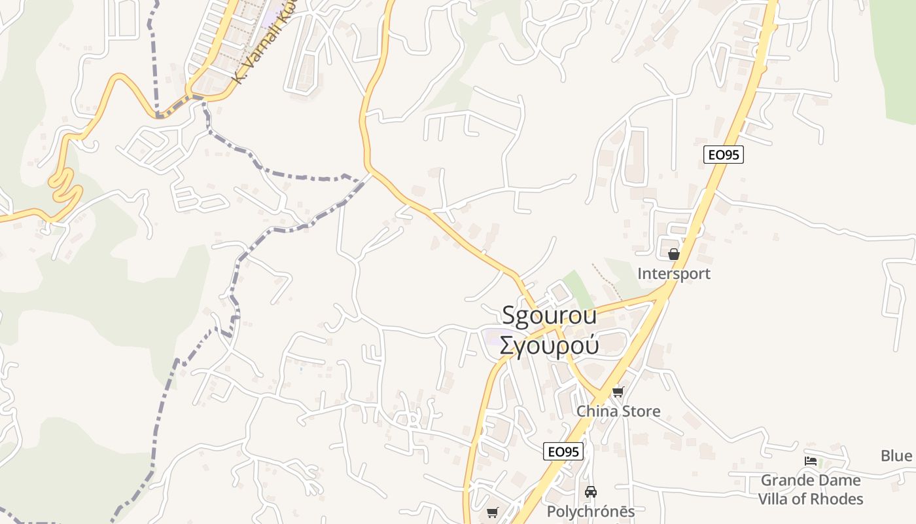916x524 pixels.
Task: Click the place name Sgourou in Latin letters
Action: pyautogui.click(x=549, y=315)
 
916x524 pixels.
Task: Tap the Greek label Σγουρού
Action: pyautogui.click(x=549, y=345)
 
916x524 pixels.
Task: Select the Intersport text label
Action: pyautogui.click(x=674, y=273)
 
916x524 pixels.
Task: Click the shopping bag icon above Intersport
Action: pyautogui.click(x=674, y=254)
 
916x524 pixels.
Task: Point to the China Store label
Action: pyautogui.click(x=618, y=411)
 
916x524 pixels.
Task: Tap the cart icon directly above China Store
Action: pyautogui.click(x=618, y=392)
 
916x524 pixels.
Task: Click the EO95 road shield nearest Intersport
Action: pyautogui.click(x=724, y=155)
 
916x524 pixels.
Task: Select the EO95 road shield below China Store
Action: pyautogui.click(x=563, y=451)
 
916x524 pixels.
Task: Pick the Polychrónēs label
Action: pyautogui.click(x=591, y=512)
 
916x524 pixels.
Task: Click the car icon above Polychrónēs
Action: pyautogui.click(x=591, y=491)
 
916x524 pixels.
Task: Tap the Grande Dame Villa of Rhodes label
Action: pyautogui.click(x=811, y=489)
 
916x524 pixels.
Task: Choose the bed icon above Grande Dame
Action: pyautogui.click(x=811, y=461)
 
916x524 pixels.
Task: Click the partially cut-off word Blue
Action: pyautogui.click(x=896, y=456)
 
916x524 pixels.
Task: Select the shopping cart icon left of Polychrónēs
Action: pyautogui.click(x=493, y=512)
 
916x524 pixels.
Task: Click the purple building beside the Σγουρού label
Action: pyautogui.click(x=491, y=338)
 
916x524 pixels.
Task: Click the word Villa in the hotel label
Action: pyautogui.click(x=779, y=499)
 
